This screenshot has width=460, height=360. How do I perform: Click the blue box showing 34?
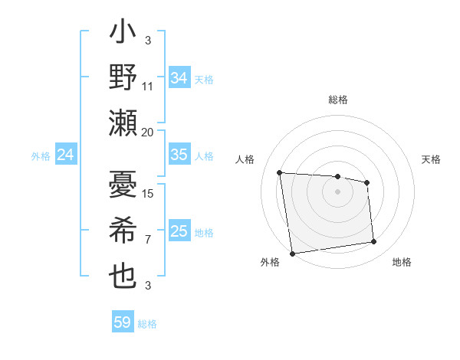(179, 77)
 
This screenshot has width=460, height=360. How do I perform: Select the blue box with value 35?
(179, 155)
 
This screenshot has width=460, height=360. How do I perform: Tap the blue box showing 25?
(179, 231)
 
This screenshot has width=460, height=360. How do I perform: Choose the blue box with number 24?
(65, 155)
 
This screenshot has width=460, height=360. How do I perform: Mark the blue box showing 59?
(123, 322)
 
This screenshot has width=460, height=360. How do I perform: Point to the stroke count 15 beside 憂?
(149, 194)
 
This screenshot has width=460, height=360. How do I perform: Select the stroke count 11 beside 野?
(148, 86)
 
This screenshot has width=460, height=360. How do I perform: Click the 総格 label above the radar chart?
(337, 100)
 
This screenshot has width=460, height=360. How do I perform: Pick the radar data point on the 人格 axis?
(280, 172)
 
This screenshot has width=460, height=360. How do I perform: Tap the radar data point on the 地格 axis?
(374, 242)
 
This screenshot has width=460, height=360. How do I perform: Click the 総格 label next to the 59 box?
(147, 324)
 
